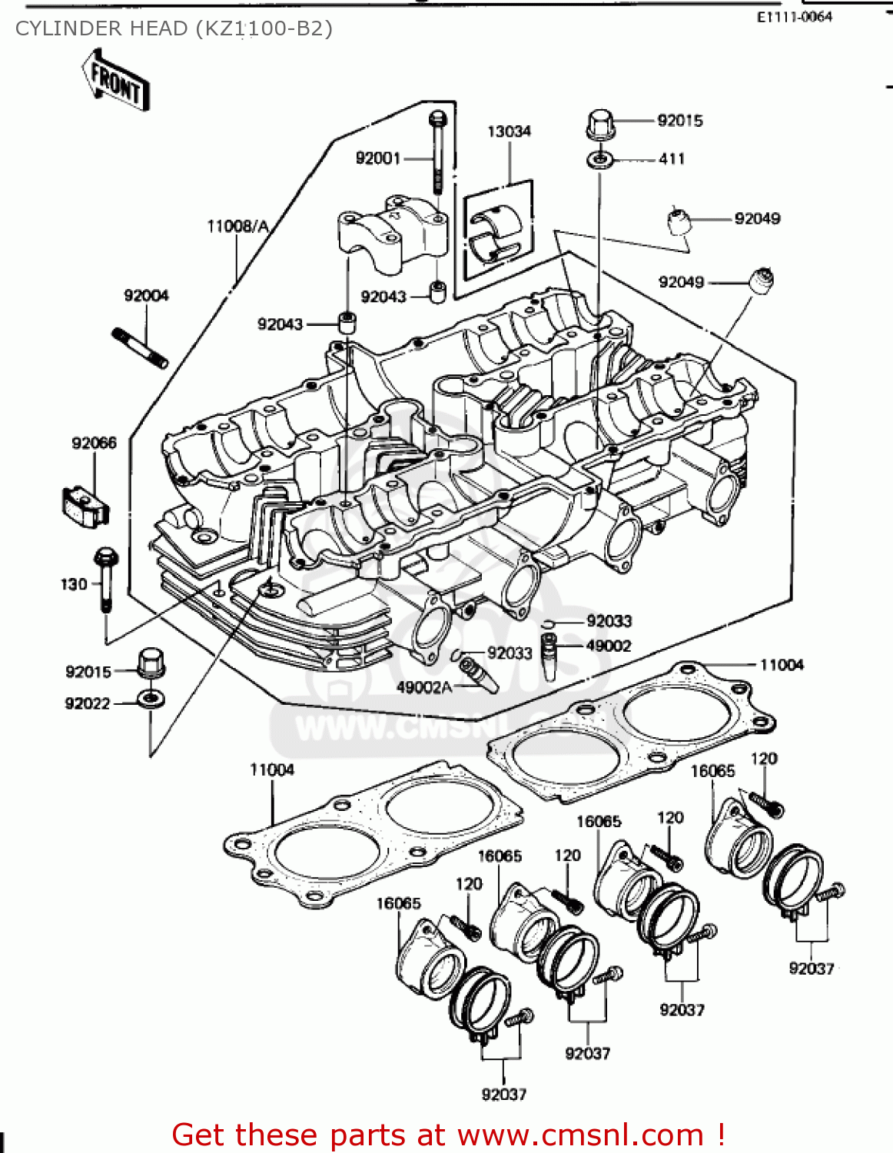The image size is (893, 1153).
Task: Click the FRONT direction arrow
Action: point(116,81)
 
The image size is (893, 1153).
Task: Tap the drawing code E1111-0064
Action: point(794,17)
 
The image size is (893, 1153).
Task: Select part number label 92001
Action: point(377,158)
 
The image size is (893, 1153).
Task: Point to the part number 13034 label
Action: point(509,131)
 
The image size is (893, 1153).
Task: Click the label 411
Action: point(671,159)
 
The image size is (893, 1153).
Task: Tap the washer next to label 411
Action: point(599,161)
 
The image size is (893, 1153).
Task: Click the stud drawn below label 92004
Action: point(141,347)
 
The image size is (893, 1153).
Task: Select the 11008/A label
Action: point(237,226)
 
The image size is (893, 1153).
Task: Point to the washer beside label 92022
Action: point(151,700)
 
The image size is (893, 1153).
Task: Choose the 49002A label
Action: point(423,687)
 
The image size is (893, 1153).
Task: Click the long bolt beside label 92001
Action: point(437,154)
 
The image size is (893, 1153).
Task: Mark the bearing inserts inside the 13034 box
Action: point(496,233)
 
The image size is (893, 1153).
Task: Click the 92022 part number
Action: point(88,703)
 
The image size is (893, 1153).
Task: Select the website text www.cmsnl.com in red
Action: point(580,1135)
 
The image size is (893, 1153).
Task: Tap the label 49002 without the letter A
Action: point(608,646)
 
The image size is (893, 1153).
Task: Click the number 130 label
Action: point(74,584)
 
